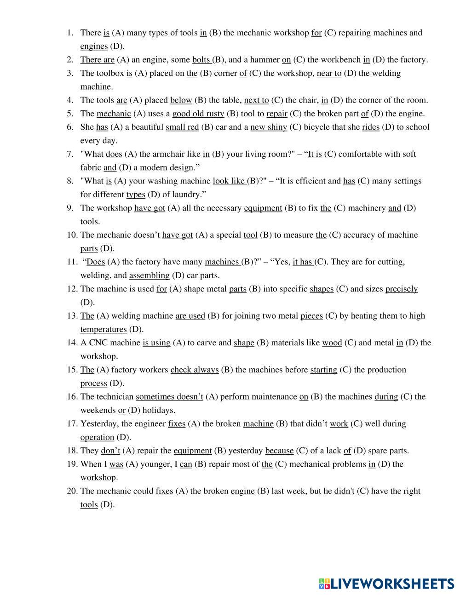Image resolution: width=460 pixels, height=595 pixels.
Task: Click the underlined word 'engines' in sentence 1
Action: [94, 46]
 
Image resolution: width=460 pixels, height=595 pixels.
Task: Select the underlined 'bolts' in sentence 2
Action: [201, 59]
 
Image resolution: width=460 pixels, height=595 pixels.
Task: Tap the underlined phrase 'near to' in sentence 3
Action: [329, 73]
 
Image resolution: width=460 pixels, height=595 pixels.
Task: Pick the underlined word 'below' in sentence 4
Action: [181, 100]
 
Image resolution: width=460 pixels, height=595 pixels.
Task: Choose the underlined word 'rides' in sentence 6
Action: [370, 127]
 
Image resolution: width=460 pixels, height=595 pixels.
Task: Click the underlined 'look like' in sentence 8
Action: [228, 181]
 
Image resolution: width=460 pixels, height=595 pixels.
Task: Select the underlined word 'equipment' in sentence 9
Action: [263, 208]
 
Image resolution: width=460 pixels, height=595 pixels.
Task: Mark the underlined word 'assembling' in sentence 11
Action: [149, 275]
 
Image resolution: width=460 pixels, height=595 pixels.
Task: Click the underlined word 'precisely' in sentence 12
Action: [401, 289]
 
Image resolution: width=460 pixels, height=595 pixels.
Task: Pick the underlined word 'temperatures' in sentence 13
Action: [103, 329]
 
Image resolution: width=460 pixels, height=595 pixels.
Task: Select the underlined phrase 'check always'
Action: [194, 370]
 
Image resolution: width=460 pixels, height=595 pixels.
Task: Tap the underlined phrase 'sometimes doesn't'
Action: [169, 396]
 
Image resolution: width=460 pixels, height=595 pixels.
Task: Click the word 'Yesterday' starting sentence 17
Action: [98, 423]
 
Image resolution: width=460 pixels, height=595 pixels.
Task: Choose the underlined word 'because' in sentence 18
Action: [279, 451]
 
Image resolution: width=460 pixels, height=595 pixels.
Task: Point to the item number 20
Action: [72, 491]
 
